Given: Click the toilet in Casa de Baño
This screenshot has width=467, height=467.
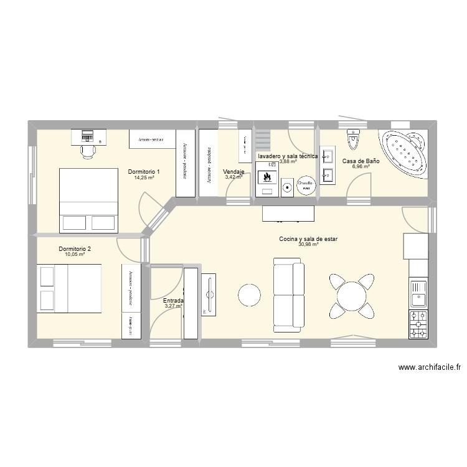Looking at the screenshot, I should tap(355, 139).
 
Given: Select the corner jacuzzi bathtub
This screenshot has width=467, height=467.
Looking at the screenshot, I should tap(405, 152).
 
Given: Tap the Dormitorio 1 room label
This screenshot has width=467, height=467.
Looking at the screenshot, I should tap(144, 171).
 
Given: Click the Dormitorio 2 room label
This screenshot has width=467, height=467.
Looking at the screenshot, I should tap(75, 249).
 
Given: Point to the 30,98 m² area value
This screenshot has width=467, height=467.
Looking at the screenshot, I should tap(308, 245).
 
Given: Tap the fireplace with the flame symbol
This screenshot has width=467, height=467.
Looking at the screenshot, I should tap(267, 177).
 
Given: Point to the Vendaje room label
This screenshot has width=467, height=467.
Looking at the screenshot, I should tap(233, 171).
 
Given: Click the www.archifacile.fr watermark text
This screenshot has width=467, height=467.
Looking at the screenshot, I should tap(430, 367).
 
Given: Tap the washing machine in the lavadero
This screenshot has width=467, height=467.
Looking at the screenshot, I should tap(287, 186).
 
